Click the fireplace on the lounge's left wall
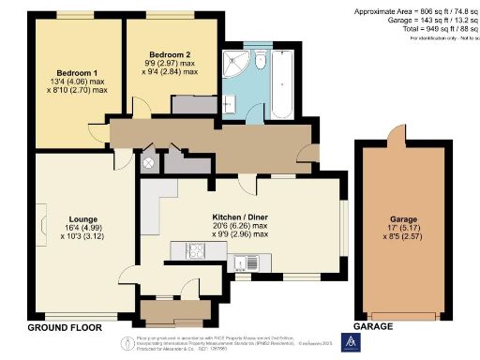(x=43, y=225)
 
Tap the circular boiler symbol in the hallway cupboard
(x=148, y=161)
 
